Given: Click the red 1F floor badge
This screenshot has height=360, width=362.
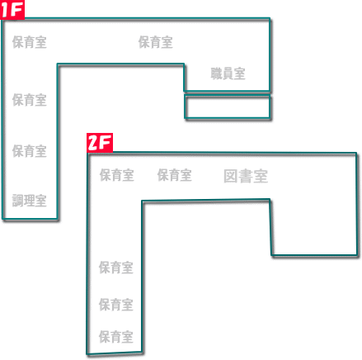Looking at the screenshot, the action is [12, 10].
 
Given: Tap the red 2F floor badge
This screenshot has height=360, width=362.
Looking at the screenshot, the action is [100, 143].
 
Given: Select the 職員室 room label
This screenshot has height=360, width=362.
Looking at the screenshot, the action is [228, 73].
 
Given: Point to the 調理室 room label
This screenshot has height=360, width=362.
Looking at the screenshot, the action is [30, 201].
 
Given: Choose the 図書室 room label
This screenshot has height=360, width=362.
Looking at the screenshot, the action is [246, 176].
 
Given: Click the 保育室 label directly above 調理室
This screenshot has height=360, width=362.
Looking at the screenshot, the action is [30, 151].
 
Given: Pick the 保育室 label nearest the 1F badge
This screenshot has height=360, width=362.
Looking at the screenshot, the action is [30, 42].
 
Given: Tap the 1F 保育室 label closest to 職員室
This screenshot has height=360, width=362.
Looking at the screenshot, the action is [156, 42].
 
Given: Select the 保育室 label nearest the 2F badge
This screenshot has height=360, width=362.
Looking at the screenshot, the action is [117, 175].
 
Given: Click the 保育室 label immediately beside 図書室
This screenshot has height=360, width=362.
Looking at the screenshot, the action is [175, 175].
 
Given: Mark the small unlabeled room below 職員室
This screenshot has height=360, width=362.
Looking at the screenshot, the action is [228, 107].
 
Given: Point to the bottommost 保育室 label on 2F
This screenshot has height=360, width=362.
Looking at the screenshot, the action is [116, 337].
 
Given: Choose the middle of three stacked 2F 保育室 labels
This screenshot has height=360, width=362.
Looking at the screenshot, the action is [116, 305].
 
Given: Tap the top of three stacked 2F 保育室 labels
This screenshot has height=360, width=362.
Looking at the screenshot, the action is [116, 268].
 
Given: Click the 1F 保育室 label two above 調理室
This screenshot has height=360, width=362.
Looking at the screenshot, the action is [30, 100].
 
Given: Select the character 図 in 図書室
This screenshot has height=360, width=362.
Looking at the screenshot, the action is [230, 176].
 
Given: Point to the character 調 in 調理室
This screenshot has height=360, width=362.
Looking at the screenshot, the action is [17, 201].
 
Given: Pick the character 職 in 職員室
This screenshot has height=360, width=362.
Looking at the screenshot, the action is [216, 73].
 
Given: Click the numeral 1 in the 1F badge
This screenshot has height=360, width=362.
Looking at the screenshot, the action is [5, 10].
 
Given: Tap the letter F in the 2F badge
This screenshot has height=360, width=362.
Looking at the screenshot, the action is [106, 143].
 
